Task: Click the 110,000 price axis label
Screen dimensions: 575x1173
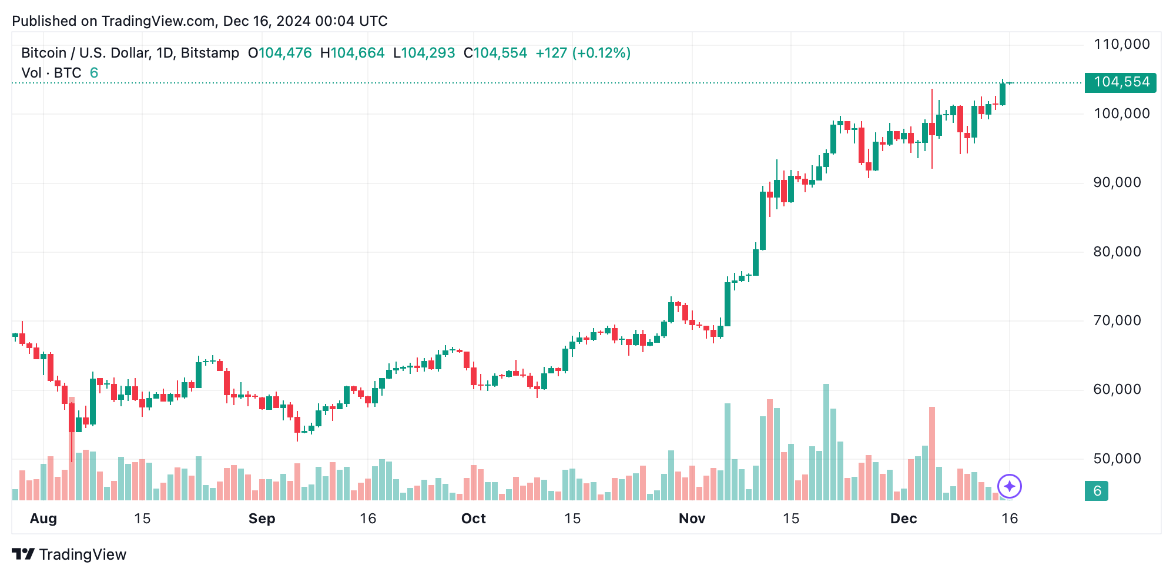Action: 1121,45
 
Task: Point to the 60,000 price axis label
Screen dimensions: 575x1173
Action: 1117,390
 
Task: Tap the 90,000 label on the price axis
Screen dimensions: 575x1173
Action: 1117,183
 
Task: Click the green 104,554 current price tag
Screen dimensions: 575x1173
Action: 1121,82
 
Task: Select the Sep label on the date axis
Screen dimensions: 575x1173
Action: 262,519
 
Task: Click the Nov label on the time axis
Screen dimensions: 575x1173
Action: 692,519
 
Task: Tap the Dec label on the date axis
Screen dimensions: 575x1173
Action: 903,519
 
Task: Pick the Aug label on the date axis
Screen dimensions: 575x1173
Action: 43,519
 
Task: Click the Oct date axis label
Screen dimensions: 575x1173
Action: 473,519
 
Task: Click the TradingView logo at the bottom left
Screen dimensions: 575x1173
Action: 69,554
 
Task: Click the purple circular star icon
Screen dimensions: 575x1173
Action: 1010,486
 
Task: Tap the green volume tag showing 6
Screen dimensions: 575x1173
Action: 1097,491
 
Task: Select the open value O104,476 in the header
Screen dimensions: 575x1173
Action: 280,53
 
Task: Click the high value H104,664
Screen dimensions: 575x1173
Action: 352,53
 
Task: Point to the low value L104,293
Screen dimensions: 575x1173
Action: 424,53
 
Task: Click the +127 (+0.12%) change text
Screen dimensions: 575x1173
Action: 582,53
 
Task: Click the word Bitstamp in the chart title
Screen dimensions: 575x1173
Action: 210,53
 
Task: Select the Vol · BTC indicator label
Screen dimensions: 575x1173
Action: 52,73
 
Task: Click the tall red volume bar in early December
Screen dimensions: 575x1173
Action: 932,453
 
